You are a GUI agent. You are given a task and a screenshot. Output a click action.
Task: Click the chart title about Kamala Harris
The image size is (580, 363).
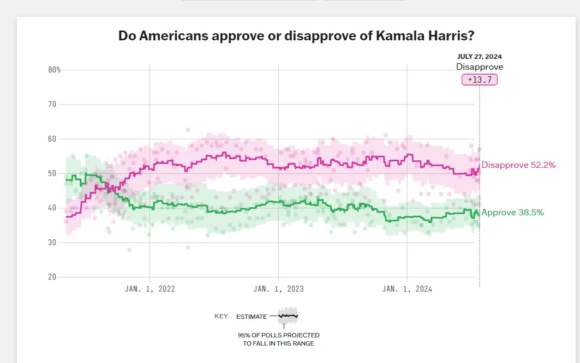(296, 37)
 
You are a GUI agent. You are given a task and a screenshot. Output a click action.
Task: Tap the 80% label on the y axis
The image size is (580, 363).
(54, 70)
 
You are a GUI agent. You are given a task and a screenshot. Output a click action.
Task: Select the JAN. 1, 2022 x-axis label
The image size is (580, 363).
(150, 289)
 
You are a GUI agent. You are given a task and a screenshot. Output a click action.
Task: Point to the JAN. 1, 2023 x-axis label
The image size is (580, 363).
(279, 289)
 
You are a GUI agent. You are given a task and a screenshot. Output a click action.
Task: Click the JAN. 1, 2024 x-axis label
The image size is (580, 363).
(407, 289)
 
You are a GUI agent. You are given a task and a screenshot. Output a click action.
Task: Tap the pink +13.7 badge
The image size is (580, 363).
(480, 80)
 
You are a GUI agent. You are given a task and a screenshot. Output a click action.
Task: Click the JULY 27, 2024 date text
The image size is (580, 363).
(480, 57)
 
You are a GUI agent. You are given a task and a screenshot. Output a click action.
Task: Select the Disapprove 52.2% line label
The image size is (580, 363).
(518, 165)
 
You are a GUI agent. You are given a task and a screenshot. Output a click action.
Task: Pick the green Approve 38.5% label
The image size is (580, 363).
(512, 213)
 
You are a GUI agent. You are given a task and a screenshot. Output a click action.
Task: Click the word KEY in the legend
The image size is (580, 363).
(221, 317)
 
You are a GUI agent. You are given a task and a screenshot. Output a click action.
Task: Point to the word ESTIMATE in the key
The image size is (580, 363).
(252, 317)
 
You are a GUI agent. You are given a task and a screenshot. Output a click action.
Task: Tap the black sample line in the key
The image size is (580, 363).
(288, 316)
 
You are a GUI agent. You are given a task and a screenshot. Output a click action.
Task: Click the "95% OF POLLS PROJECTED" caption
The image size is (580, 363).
(278, 335)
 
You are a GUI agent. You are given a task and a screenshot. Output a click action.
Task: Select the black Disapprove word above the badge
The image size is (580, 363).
(480, 67)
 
